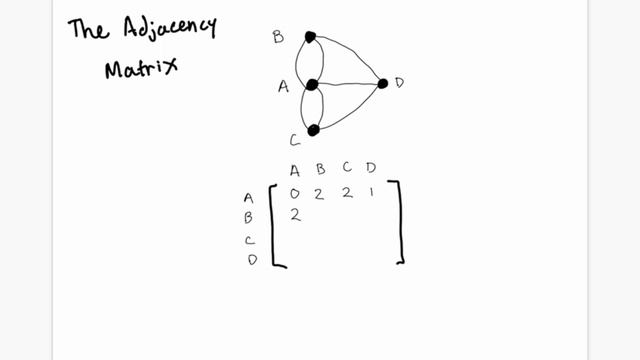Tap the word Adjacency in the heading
pyautogui.click(x=169, y=28)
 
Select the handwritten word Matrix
pyautogui.click(x=141, y=69)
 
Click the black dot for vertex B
pyautogui.click(x=310, y=37)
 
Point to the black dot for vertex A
pyautogui.click(x=312, y=85)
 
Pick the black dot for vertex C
pyautogui.click(x=313, y=130)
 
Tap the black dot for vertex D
pyautogui.click(x=382, y=83)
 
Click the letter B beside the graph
pyautogui.click(x=278, y=38)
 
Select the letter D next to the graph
pyautogui.click(x=399, y=83)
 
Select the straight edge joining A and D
pyautogui.click(x=347, y=84)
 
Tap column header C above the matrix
pyautogui.click(x=346, y=170)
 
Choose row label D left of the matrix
pyautogui.click(x=252, y=260)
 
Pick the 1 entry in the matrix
pyautogui.click(x=371, y=192)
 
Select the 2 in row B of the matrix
pyautogui.click(x=296, y=214)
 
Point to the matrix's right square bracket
pyautogui.click(x=400, y=222)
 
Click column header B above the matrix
pyautogui.click(x=319, y=170)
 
